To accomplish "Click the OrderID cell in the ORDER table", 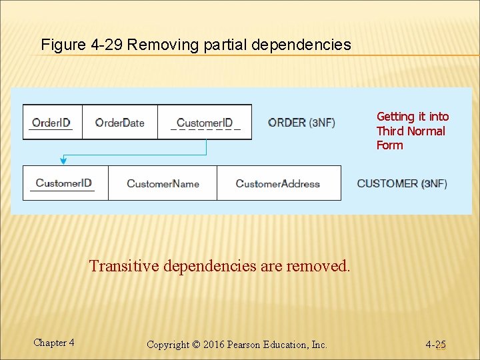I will point(51,122).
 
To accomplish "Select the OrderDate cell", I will point(119,122).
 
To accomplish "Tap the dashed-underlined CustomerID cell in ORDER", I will point(205,122).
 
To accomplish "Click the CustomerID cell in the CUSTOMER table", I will point(64,183).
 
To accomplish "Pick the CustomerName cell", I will point(163,183).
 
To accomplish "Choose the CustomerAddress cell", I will point(278,183).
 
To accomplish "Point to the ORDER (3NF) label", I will point(301,122).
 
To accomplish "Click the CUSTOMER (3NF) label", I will point(402,183).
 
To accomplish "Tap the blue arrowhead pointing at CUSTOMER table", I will point(63,160).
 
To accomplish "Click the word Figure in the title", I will point(61,45).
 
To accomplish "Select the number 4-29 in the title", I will point(105,45).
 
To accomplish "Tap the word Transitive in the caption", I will point(124,266).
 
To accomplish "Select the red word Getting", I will point(395,117).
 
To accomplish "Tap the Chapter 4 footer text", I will point(54,343).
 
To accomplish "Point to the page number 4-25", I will point(436,345).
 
